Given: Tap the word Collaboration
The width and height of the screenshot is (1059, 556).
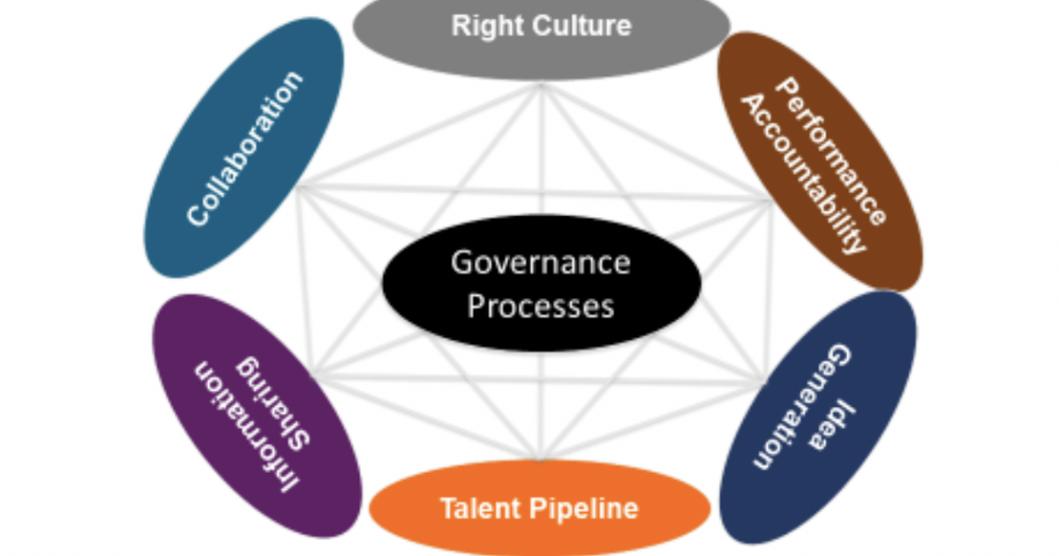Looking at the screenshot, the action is click(244, 147).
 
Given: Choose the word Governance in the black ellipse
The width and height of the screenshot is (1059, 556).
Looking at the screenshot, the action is click(541, 262).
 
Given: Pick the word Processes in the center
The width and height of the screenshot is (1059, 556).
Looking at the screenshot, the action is click(541, 305).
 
